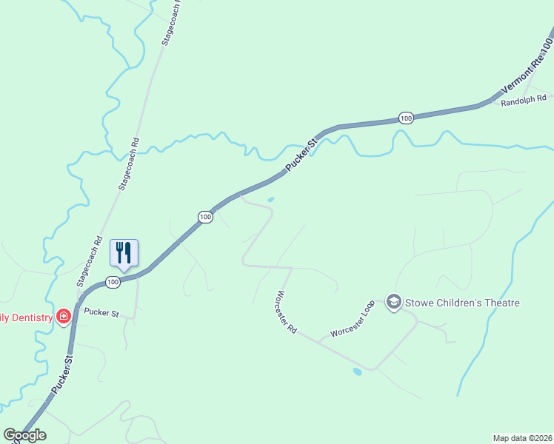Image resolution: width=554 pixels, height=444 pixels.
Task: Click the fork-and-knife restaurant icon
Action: pos(124,253)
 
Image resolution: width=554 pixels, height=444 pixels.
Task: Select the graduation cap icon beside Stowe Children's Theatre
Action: pos(394,302)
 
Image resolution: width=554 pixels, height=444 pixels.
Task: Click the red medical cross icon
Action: pos(64,317)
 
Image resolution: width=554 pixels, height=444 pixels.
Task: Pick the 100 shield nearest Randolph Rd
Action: pos(405,118)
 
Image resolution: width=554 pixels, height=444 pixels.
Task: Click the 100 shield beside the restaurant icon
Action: pos(112,282)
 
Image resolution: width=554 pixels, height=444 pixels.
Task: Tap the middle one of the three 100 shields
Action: pos(206,217)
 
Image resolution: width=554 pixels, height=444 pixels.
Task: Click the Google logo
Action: pos(24,435)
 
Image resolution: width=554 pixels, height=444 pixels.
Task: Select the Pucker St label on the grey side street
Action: pos(101,313)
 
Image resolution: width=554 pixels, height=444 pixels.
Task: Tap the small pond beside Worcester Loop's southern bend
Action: pos(358,371)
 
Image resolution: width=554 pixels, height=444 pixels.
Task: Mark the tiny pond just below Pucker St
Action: pos(270,199)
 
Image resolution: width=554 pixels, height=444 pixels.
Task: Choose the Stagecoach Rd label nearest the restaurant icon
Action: pos(88,260)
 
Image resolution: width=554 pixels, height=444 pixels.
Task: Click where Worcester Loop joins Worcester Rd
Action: pos(318,342)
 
